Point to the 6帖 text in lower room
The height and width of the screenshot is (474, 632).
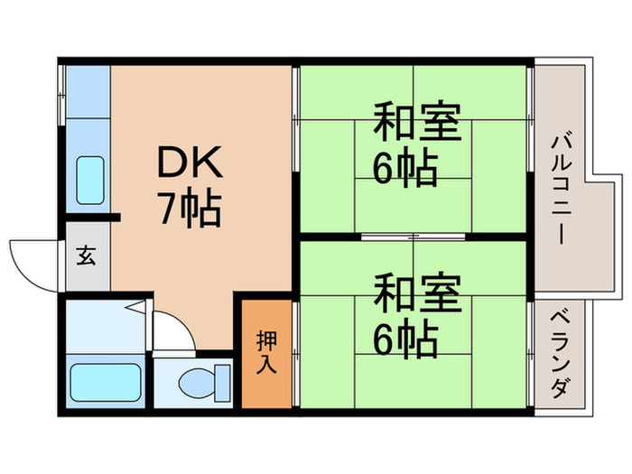click(x=405, y=339)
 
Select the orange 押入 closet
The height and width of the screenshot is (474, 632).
click(x=266, y=352)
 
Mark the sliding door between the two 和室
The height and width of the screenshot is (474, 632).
click(x=414, y=237)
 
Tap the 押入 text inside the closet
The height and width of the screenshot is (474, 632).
click(x=266, y=352)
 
